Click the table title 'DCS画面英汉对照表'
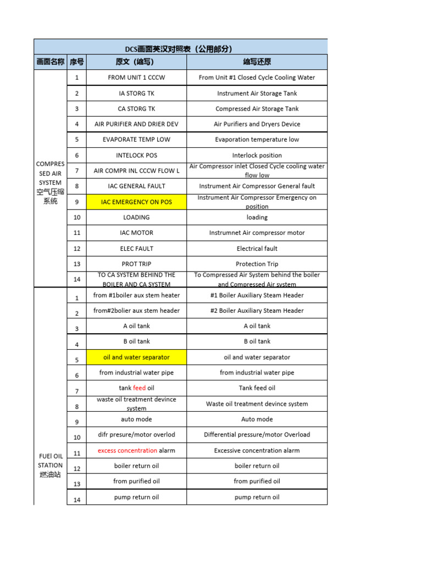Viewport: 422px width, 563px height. click(182, 49)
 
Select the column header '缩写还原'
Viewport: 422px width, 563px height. click(257, 62)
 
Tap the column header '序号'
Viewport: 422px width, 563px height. click(76, 62)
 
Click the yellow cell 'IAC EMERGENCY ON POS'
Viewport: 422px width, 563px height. click(136, 202)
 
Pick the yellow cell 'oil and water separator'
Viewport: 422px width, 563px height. click(136, 357)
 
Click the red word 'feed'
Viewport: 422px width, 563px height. click(140, 388)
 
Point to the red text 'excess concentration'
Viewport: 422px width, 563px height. click(127, 451)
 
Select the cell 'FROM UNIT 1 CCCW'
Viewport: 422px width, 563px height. click(136, 78)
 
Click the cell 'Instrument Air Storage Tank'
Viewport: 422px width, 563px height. click(257, 93)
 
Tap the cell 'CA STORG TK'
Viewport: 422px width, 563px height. click(136, 109)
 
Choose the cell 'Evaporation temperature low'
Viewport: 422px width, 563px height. click(257, 140)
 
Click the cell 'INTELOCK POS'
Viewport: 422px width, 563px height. click(136, 156)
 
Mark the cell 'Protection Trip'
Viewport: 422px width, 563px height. click(257, 264)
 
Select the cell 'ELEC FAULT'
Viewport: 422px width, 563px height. click(136, 249)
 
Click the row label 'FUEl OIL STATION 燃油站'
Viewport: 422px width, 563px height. click(50, 465)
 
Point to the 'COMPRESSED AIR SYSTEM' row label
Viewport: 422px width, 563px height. click(50, 182)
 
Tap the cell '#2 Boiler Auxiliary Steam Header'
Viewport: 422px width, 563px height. click(257, 311)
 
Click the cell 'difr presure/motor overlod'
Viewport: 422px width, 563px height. click(136, 435)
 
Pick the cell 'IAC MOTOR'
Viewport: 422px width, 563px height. click(136, 233)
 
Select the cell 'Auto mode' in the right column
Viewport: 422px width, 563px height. click(257, 419)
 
